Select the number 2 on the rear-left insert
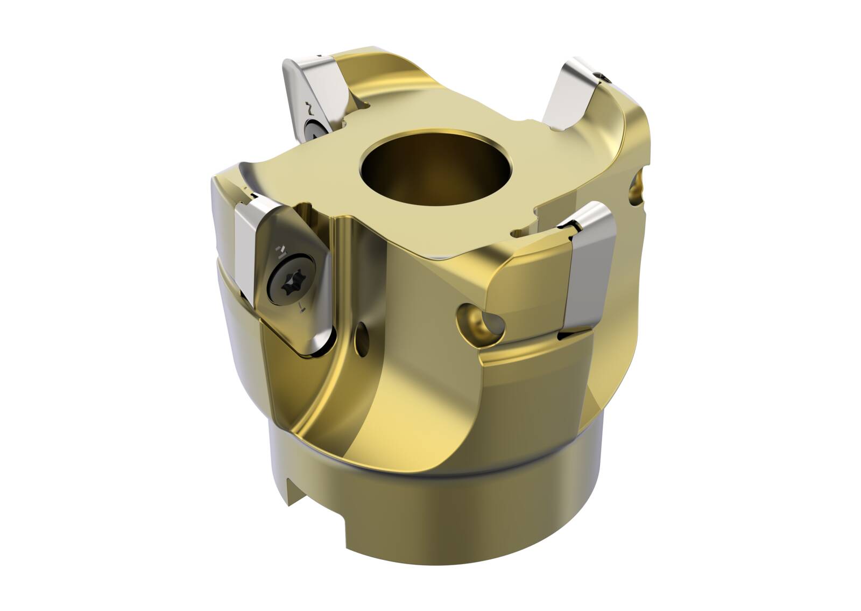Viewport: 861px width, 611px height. (308, 108)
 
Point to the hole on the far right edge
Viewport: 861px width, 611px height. (639, 186)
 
